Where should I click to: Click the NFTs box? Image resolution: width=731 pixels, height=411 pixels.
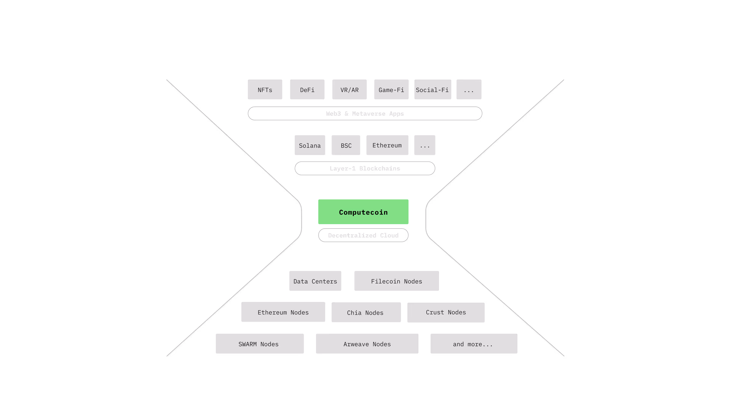pos(265,90)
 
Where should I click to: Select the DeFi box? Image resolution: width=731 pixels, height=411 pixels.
pos(307,90)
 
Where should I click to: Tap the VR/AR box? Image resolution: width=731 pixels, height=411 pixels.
pos(349,90)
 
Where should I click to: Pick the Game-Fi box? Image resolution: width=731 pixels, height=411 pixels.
pos(391,90)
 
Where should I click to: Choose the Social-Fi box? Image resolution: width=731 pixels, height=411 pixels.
pos(433,90)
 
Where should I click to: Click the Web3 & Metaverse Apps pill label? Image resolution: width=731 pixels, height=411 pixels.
pos(365,113)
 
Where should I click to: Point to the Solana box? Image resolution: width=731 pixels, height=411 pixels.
pos(310,145)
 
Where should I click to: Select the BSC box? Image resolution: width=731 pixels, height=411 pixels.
pos(346,145)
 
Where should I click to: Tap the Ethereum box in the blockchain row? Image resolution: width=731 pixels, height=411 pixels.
pos(387,145)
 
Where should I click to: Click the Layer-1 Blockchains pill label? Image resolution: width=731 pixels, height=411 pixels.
pos(365,168)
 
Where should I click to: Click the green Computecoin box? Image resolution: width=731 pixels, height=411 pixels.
pos(363,212)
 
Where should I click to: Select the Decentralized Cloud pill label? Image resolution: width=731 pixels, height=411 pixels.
pos(363,235)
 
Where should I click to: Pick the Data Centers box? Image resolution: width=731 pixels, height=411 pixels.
pos(315,281)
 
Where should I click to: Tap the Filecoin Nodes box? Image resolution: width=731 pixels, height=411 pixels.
pos(396,281)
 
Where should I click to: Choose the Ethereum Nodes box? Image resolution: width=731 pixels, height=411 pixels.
pos(283,312)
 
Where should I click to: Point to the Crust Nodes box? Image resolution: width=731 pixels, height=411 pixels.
pos(446,312)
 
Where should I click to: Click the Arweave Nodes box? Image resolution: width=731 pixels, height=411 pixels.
pos(367,344)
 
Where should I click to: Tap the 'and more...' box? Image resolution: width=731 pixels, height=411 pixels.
pos(474,344)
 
